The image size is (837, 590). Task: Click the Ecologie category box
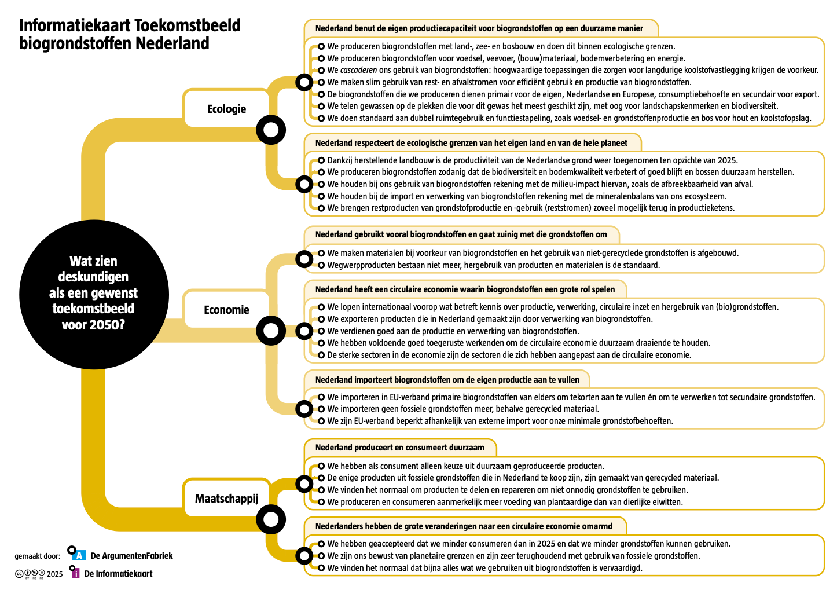point(226,109)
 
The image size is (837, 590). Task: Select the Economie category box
point(226,310)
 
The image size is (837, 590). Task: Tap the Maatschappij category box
point(226,499)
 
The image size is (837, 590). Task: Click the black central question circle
point(94,294)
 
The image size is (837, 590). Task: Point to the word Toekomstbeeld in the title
point(187,25)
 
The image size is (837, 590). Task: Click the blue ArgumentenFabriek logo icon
point(79,555)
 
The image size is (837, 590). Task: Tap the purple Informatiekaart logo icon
point(75,573)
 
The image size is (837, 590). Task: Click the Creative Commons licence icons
point(30,574)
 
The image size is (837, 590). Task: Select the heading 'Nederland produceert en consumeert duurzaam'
point(399,448)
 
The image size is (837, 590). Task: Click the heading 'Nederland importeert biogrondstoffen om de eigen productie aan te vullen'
point(447,380)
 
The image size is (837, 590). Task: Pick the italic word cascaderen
point(358,70)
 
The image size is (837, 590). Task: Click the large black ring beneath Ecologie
point(270,130)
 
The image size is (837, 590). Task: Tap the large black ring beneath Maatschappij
point(270,519)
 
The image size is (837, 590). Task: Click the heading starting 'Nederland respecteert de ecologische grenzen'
point(471,143)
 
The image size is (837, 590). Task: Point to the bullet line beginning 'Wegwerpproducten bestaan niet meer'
point(493,265)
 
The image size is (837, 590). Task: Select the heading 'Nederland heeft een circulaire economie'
point(465,289)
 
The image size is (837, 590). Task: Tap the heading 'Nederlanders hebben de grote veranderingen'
point(464,526)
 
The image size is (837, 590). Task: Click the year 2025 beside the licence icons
point(54,574)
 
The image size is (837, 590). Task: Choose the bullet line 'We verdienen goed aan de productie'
point(453,331)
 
